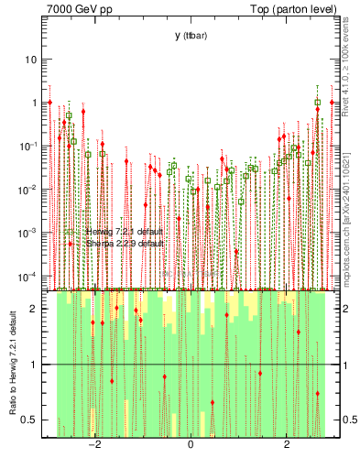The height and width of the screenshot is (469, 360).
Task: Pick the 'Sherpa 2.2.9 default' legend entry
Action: tap(125, 245)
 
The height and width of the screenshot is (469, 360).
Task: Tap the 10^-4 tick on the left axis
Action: tap(28, 277)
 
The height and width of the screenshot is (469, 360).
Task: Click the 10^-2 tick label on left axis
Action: tap(28, 190)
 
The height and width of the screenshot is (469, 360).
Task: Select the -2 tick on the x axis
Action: tap(94, 445)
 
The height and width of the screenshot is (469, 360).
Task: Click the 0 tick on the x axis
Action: tap(190, 445)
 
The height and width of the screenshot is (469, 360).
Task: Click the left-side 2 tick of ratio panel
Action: tap(36, 309)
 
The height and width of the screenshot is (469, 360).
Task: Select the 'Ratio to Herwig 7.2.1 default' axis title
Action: tap(12, 365)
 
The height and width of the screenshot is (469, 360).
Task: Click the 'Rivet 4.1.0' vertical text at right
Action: tap(349, 64)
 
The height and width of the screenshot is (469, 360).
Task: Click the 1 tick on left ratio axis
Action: tap(36, 365)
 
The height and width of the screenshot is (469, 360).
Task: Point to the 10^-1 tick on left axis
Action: tap(28, 147)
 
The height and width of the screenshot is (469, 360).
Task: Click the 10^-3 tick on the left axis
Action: tap(28, 234)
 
